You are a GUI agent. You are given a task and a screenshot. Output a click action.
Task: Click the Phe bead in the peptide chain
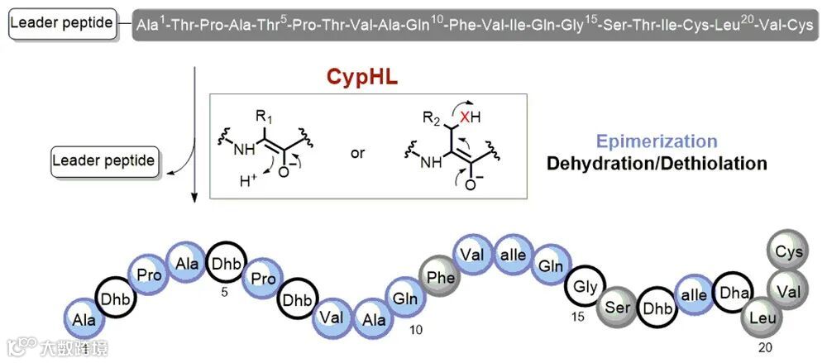(x=442, y=278)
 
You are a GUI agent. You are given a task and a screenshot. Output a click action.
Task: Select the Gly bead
(x=586, y=287)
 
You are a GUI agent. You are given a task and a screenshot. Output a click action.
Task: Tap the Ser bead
(x=619, y=308)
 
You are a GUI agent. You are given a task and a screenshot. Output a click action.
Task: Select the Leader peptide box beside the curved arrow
(x=103, y=160)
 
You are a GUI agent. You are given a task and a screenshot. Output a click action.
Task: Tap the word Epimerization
(x=656, y=141)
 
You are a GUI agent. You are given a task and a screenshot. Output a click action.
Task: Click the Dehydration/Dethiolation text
(x=657, y=163)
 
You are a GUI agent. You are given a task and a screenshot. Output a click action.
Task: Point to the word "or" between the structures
(x=358, y=154)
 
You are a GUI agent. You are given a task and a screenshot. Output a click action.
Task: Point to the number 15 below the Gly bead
(x=581, y=317)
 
